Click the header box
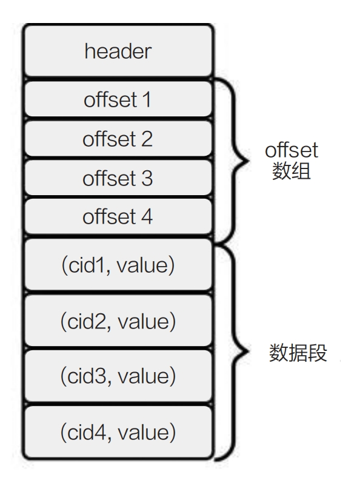tap(118, 51)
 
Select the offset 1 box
tap(118, 99)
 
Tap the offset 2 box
tap(118, 138)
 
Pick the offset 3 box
tap(118, 178)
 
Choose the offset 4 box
tap(118, 216)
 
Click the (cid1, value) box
tap(118, 265)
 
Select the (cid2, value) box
tap(118, 321)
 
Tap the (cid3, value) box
tap(118, 376)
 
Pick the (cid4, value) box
tap(118, 432)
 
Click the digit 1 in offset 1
tap(147, 100)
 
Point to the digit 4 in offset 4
tap(147, 216)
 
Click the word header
tap(118, 51)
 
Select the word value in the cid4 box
tap(143, 432)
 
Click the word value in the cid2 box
tap(143, 321)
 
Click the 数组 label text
tap(292, 171)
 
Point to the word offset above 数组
tap(292, 150)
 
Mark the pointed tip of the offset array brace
tap(248, 161)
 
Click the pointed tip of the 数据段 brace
tap(248, 351)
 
